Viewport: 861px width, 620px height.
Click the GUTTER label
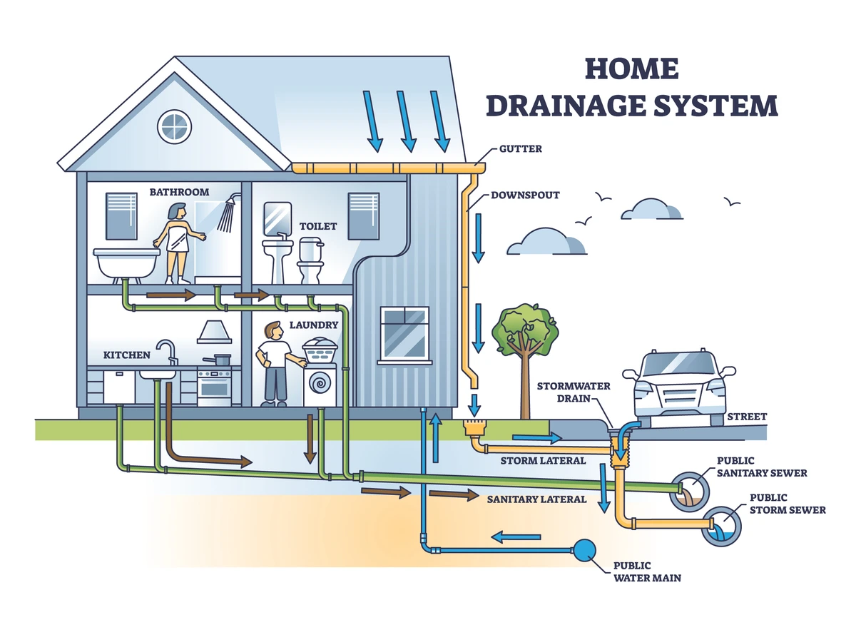point(521,149)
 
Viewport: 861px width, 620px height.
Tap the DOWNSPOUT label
point(525,194)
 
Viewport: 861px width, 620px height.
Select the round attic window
point(173,126)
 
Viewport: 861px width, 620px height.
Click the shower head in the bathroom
point(228,213)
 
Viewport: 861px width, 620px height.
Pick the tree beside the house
point(526,335)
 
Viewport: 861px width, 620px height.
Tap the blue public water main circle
point(585,549)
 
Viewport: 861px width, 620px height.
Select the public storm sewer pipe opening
point(720,527)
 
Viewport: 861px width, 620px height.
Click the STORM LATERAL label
point(543,461)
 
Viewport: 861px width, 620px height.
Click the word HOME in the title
point(632,69)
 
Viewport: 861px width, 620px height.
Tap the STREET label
point(747,417)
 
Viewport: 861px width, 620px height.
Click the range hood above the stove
point(213,332)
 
